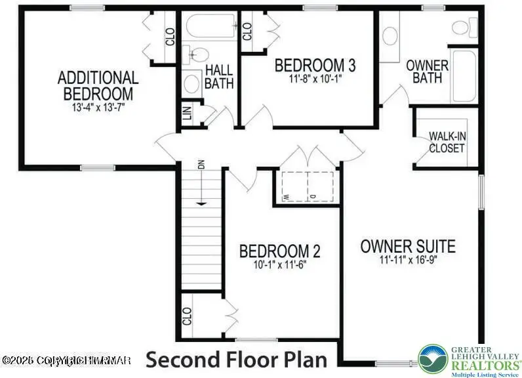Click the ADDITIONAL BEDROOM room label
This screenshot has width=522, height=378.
(x=98, y=85)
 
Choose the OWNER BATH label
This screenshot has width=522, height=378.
(x=427, y=72)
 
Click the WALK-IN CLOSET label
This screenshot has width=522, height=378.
(x=447, y=142)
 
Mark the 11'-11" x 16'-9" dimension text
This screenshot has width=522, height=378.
(x=408, y=261)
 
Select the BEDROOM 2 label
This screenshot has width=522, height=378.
(x=279, y=251)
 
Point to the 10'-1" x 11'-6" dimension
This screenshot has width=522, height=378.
(x=279, y=265)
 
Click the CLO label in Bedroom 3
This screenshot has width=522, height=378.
(x=247, y=31)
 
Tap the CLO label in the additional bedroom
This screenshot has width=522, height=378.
(x=170, y=37)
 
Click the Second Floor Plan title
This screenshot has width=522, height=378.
(x=236, y=360)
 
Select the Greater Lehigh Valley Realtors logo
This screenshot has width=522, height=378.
(x=469, y=360)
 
